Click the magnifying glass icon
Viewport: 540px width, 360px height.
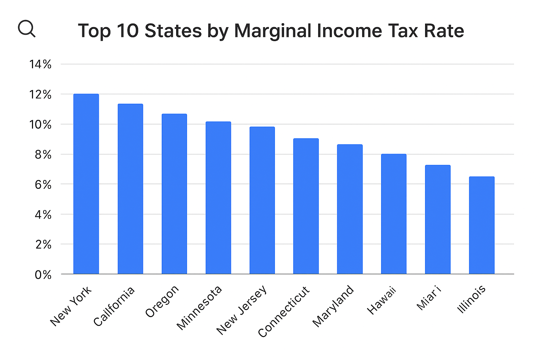(27, 28)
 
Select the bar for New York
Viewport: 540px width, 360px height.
(86, 184)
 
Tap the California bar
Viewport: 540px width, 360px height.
(130, 189)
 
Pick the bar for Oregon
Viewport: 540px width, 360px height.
(174, 194)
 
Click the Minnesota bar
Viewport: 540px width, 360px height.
(218, 198)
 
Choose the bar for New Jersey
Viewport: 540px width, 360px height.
(262, 200)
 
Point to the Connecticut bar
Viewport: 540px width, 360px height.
(306, 206)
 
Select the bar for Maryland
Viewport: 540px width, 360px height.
(350, 209)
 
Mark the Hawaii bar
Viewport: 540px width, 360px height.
(394, 214)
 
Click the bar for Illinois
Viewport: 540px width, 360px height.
(482, 225)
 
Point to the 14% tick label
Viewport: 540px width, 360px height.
(40, 64)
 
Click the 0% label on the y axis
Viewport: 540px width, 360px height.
(43, 275)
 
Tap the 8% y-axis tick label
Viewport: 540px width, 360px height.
(43, 155)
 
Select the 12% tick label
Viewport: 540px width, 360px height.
(40, 95)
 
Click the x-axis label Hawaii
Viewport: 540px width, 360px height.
(382, 300)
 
